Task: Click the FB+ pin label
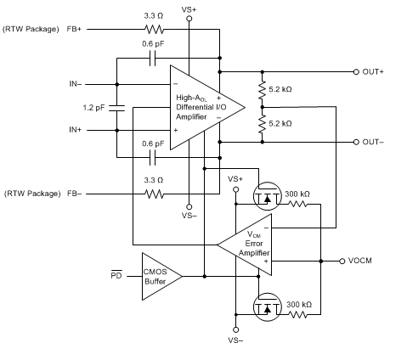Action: (74, 29)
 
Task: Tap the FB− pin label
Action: (74, 194)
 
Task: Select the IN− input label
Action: (76, 84)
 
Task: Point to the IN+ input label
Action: (76, 130)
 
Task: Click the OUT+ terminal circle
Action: (356, 72)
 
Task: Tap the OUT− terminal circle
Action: (356, 142)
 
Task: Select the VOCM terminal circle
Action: (342, 261)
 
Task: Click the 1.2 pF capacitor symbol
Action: (116, 108)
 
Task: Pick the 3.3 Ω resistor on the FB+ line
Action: (154, 29)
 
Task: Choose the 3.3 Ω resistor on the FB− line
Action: (154, 194)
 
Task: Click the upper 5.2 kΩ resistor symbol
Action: (263, 90)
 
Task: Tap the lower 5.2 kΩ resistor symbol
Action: (263, 125)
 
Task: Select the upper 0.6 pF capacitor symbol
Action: (152, 59)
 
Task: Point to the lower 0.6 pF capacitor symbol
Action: (152, 158)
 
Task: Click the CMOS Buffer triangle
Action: (162, 276)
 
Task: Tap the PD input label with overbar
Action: (116, 274)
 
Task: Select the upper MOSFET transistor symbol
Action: (267, 196)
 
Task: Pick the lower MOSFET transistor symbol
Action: (267, 307)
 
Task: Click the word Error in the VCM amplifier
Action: (254, 244)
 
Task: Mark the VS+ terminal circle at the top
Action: (189, 19)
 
